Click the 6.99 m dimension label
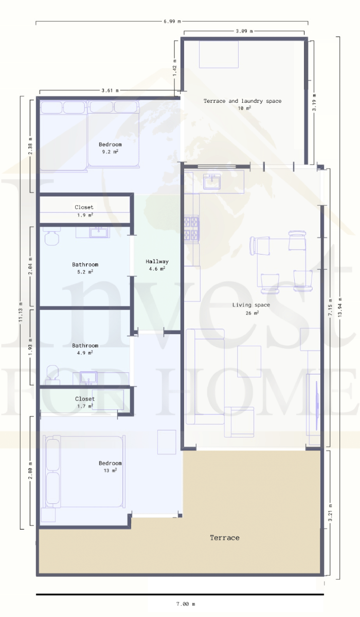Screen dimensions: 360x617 pyautogui.click(x=172, y=21)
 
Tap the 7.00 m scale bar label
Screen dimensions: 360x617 pyautogui.click(x=186, y=604)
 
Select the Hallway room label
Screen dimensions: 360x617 pyautogui.click(x=157, y=261)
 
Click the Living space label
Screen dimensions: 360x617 pyautogui.click(x=251, y=305)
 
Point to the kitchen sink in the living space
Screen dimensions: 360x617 pyautogui.click(x=212, y=182)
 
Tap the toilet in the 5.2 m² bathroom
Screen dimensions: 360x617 pyautogui.click(x=51, y=237)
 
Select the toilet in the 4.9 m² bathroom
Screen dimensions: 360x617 pyautogui.click(x=52, y=375)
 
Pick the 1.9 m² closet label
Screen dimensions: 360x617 pyautogui.click(x=84, y=207)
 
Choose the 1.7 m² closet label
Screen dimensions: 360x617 pyautogui.click(x=85, y=399)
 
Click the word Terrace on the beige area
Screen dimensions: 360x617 pyautogui.click(x=225, y=538)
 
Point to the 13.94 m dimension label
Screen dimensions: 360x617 pyautogui.click(x=340, y=306)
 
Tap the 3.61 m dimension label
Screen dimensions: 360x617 pyautogui.click(x=110, y=90)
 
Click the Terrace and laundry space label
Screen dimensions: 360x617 pyautogui.click(x=242, y=101)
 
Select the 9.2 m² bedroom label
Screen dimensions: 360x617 pyautogui.click(x=110, y=144)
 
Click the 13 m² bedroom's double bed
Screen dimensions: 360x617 pyautogui.click(x=84, y=471)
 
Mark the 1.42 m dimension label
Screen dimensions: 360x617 pyautogui.click(x=175, y=67)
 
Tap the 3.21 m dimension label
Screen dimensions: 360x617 pyautogui.click(x=330, y=512)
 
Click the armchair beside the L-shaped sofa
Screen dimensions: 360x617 pyautogui.click(x=239, y=422)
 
